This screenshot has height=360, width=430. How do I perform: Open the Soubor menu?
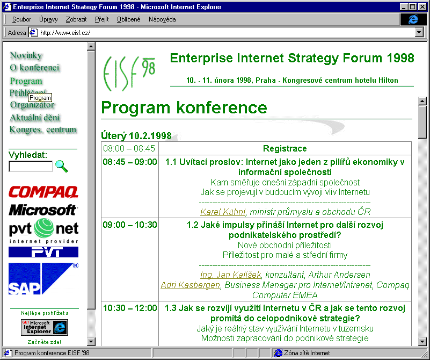(x=21, y=19)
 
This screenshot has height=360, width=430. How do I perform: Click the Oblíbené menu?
(x=128, y=19)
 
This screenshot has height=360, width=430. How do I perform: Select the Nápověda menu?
(x=162, y=19)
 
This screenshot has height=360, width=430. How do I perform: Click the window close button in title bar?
(x=422, y=6)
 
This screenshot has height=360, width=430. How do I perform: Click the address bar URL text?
(x=65, y=32)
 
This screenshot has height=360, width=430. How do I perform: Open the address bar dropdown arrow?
(x=419, y=32)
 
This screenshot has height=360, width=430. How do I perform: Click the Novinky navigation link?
(x=26, y=55)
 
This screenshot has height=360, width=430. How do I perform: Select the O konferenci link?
(x=35, y=68)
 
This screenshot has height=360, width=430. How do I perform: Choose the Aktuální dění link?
(x=35, y=118)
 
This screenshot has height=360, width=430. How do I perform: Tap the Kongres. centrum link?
(x=43, y=129)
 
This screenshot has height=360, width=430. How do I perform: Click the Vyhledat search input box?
(x=31, y=167)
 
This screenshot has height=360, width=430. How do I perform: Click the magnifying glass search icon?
(x=62, y=167)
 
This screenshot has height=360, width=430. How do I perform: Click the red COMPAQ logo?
(x=43, y=192)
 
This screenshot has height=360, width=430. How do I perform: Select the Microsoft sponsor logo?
(x=43, y=210)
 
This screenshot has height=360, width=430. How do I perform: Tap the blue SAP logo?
(x=43, y=278)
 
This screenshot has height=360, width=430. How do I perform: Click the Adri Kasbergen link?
(x=190, y=285)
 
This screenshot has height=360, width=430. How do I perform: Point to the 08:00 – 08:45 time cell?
(x=129, y=148)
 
